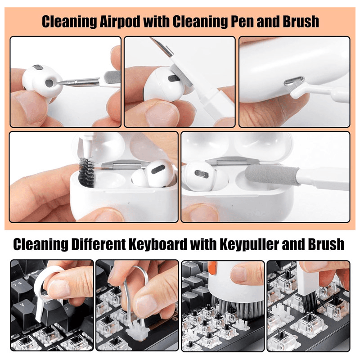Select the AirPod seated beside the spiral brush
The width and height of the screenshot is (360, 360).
(153, 173)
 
